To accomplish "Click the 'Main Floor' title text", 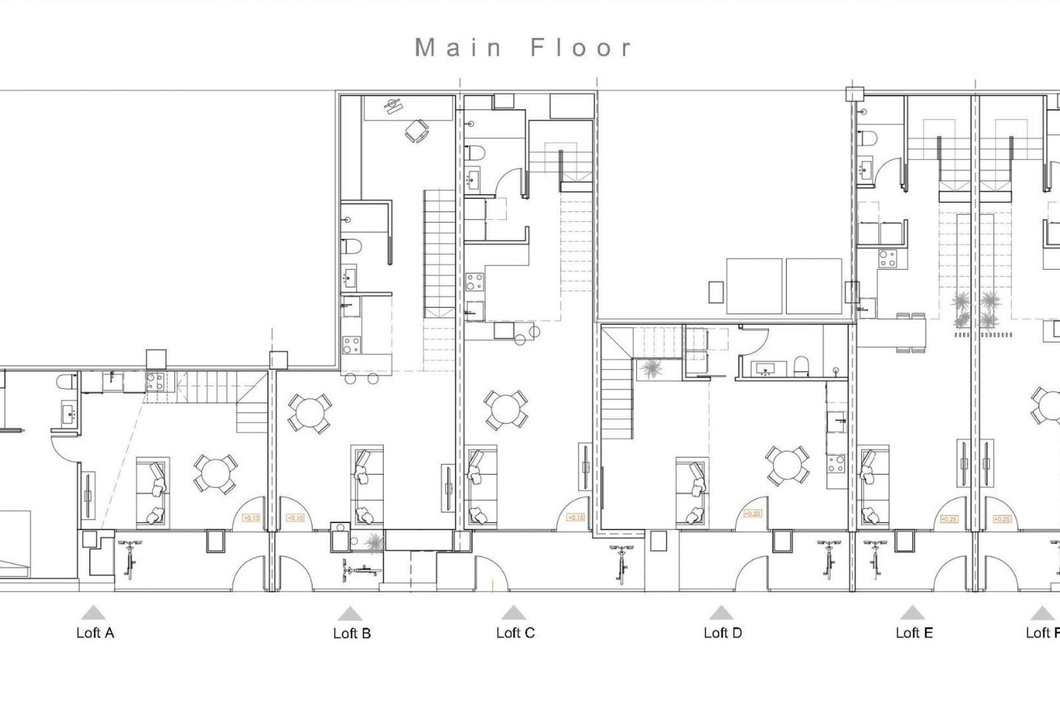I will (523, 48).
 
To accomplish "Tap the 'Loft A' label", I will (95, 633).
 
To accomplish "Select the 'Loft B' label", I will (352, 634).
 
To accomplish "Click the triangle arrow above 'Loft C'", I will (514, 613).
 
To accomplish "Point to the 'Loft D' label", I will (722, 633).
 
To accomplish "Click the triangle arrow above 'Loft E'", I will (912, 613).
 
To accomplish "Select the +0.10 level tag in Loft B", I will (296, 518).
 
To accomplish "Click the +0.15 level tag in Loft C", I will (575, 518).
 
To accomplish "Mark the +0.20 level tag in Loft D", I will (752, 514).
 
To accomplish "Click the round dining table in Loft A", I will (215, 474).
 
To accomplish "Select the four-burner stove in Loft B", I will (351, 345).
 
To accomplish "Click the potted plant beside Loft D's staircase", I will (652, 368).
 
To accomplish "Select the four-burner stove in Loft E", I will (888, 258).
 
